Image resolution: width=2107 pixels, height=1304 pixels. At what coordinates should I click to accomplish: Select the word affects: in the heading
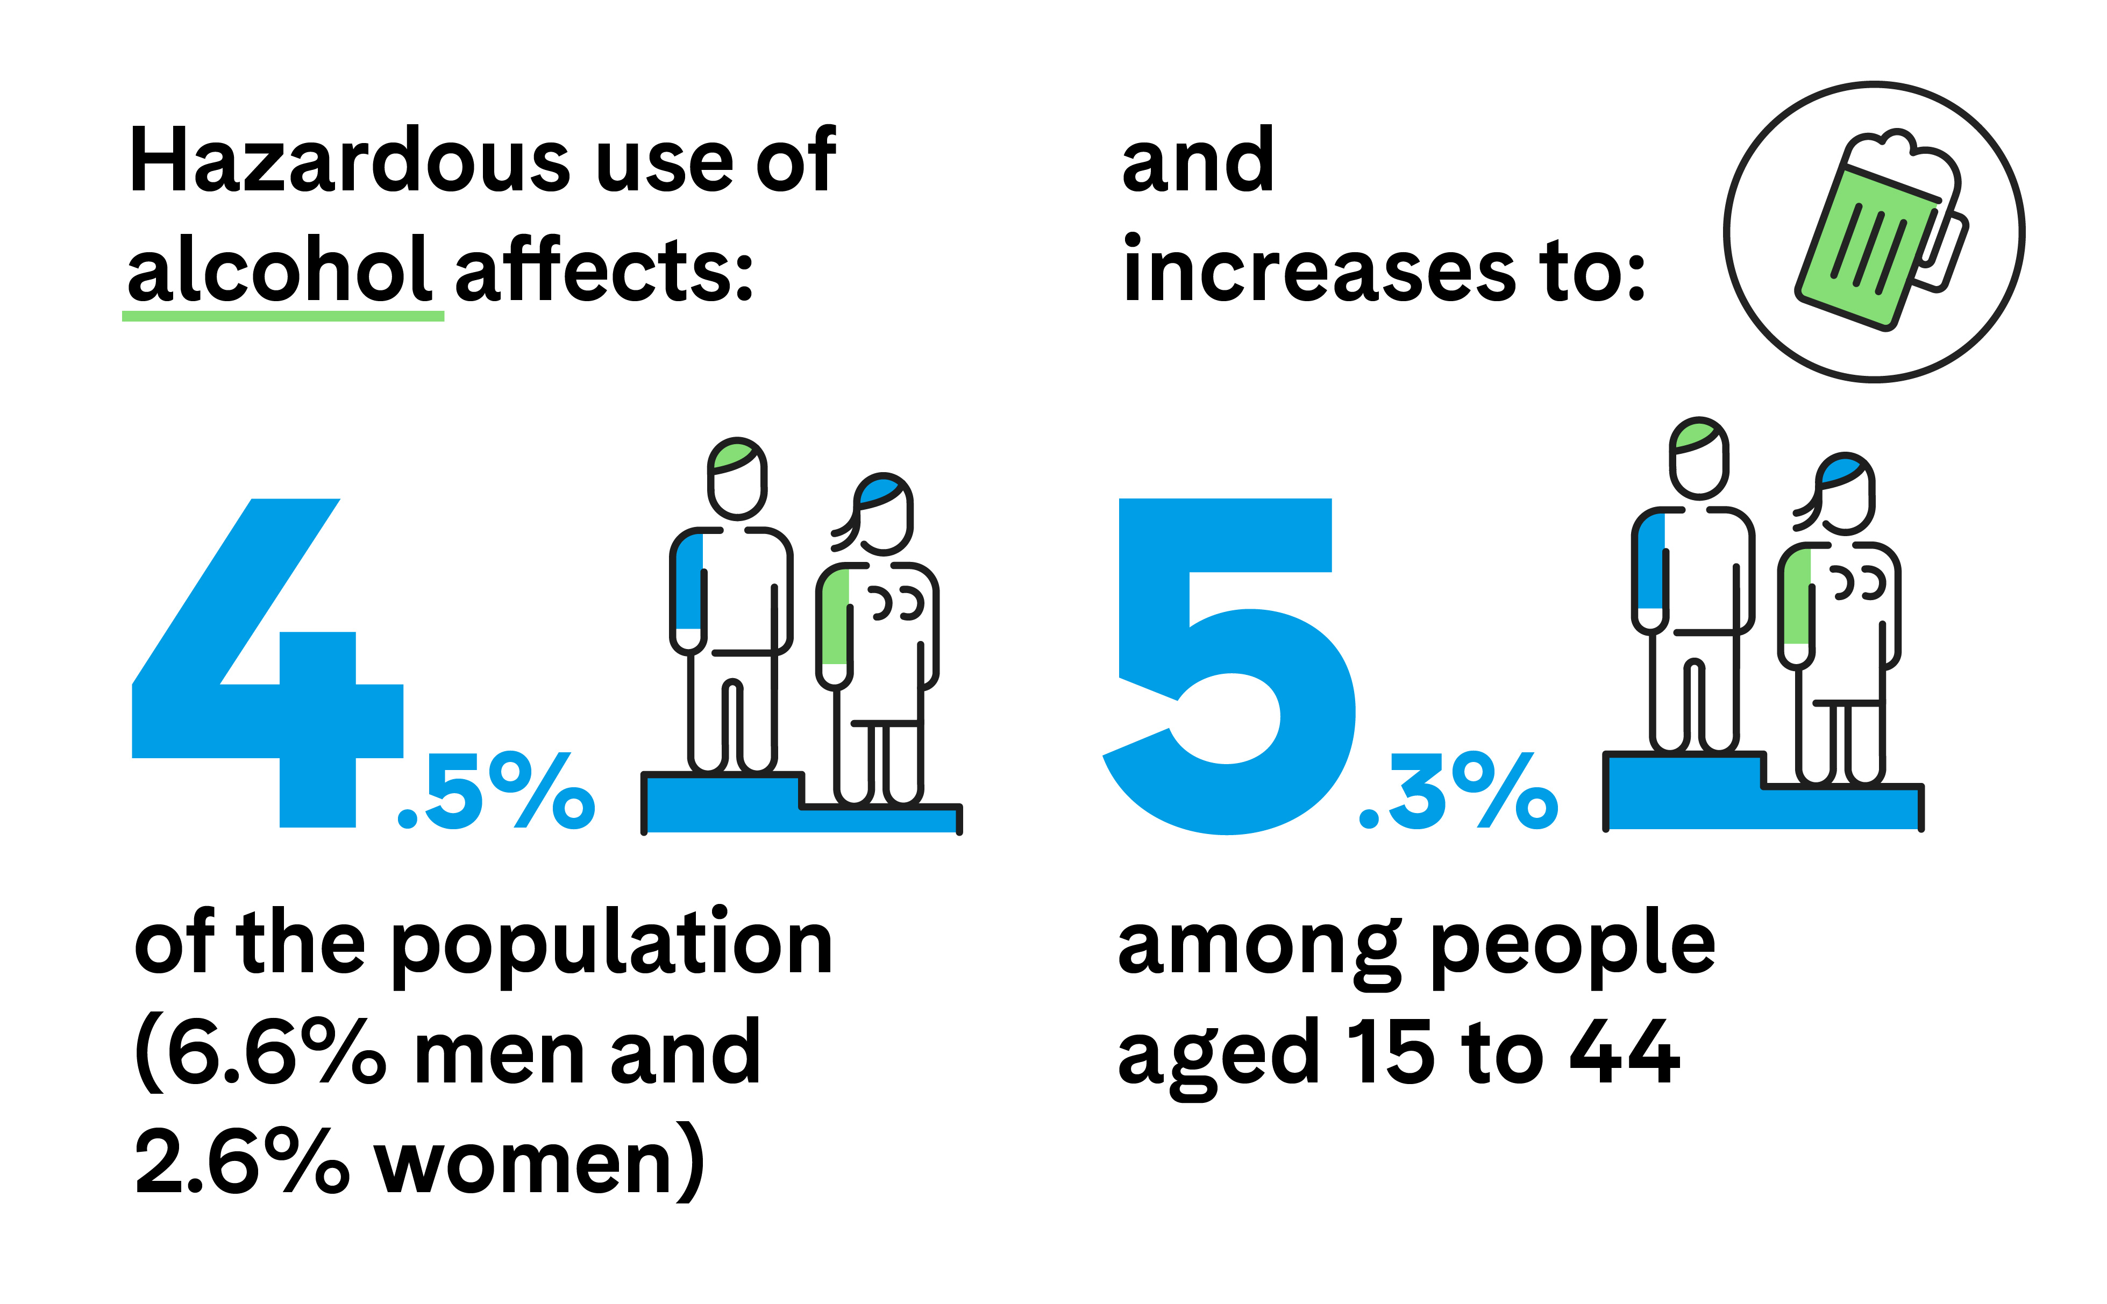pyautogui.click(x=604, y=271)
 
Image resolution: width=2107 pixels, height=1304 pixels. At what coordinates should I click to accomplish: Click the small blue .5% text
pyautogui.click(x=496, y=791)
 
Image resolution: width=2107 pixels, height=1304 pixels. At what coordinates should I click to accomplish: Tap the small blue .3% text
pyautogui.click(x=1457, y=791)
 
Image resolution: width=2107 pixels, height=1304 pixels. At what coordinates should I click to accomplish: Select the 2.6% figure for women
pyautogui.click(x=241, y=1163)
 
